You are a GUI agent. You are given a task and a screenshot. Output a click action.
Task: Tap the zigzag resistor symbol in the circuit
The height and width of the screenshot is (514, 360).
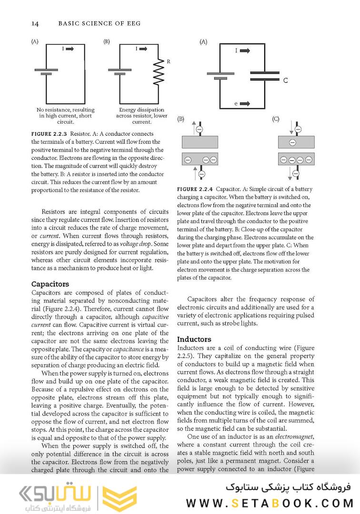(160, 72)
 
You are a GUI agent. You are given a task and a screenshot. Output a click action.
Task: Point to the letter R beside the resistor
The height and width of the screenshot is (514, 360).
(168, 61)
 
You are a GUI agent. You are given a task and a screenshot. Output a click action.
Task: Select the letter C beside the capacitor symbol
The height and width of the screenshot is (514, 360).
(285, 80)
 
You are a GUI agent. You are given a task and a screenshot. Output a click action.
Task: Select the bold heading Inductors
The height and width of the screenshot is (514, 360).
(194, 339)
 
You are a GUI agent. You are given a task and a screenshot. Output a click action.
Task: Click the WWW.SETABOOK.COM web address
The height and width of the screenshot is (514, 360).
(270, 503)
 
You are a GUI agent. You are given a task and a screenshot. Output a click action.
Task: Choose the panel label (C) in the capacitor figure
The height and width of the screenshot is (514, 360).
(275, 119)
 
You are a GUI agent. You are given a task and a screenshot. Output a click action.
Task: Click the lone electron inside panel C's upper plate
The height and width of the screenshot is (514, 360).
(292, 142)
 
